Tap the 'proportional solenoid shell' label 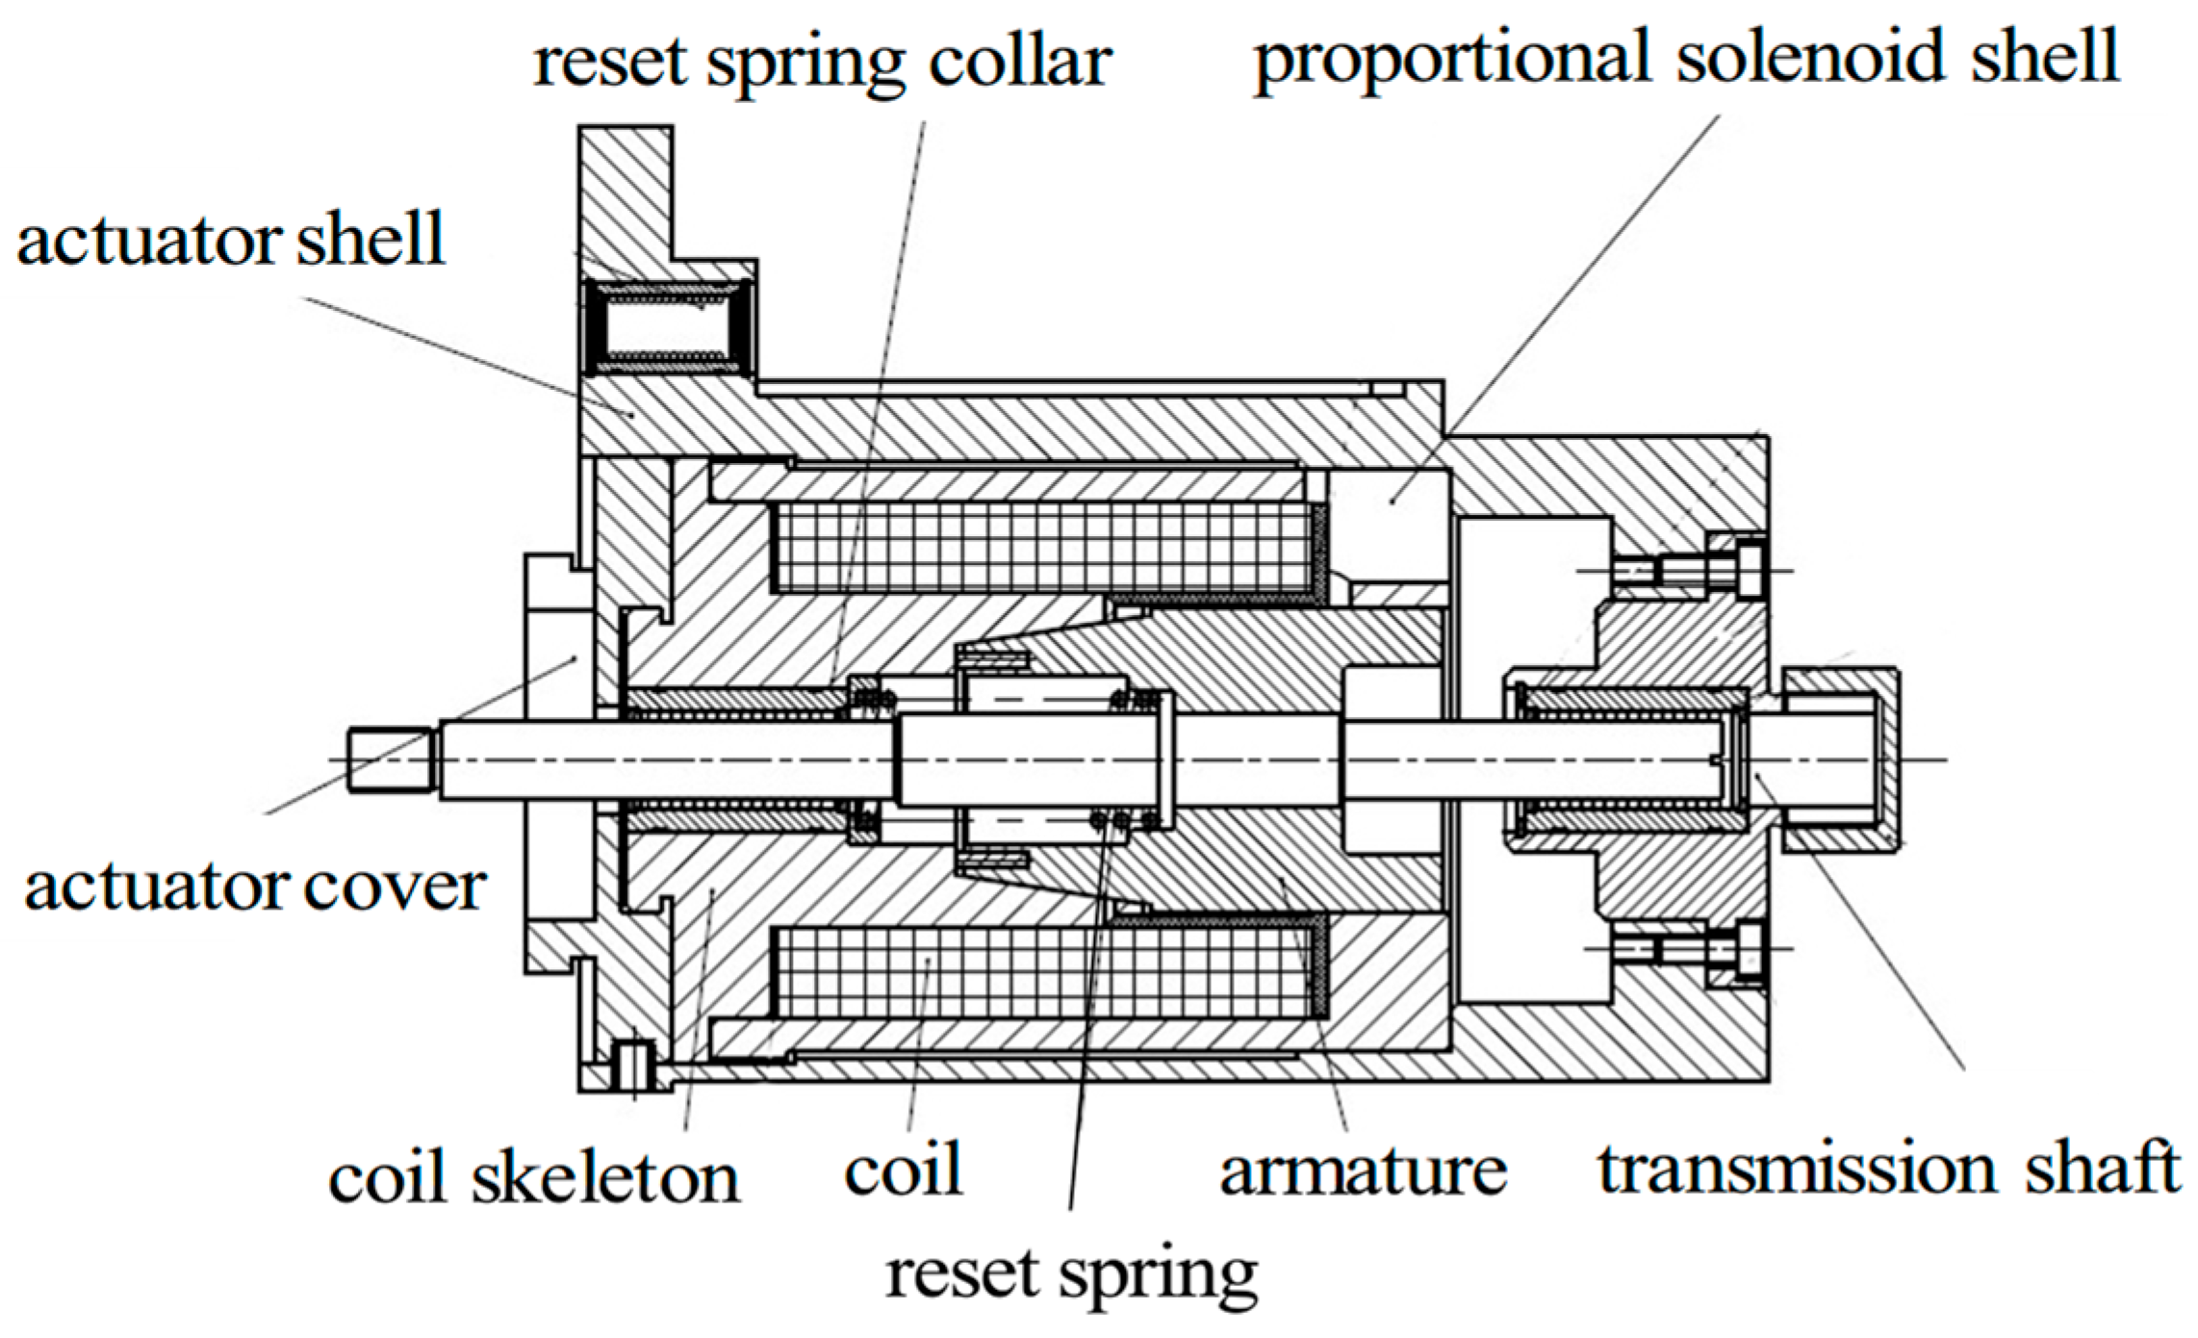coord(1686,58)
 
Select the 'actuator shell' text coord(231,240)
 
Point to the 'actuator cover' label coord(255,887)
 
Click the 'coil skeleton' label coord(534,1176)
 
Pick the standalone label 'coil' coord(904,1170)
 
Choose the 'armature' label coord(1363,1171)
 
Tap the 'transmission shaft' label coord(1888,1170)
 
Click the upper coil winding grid coord(1044,547)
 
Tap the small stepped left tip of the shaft coord(387,760)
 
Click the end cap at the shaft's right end coord(1840,760)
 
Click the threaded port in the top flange coord(667,328)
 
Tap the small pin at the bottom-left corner coord(634,1066)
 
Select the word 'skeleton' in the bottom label coord(605,1176)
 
